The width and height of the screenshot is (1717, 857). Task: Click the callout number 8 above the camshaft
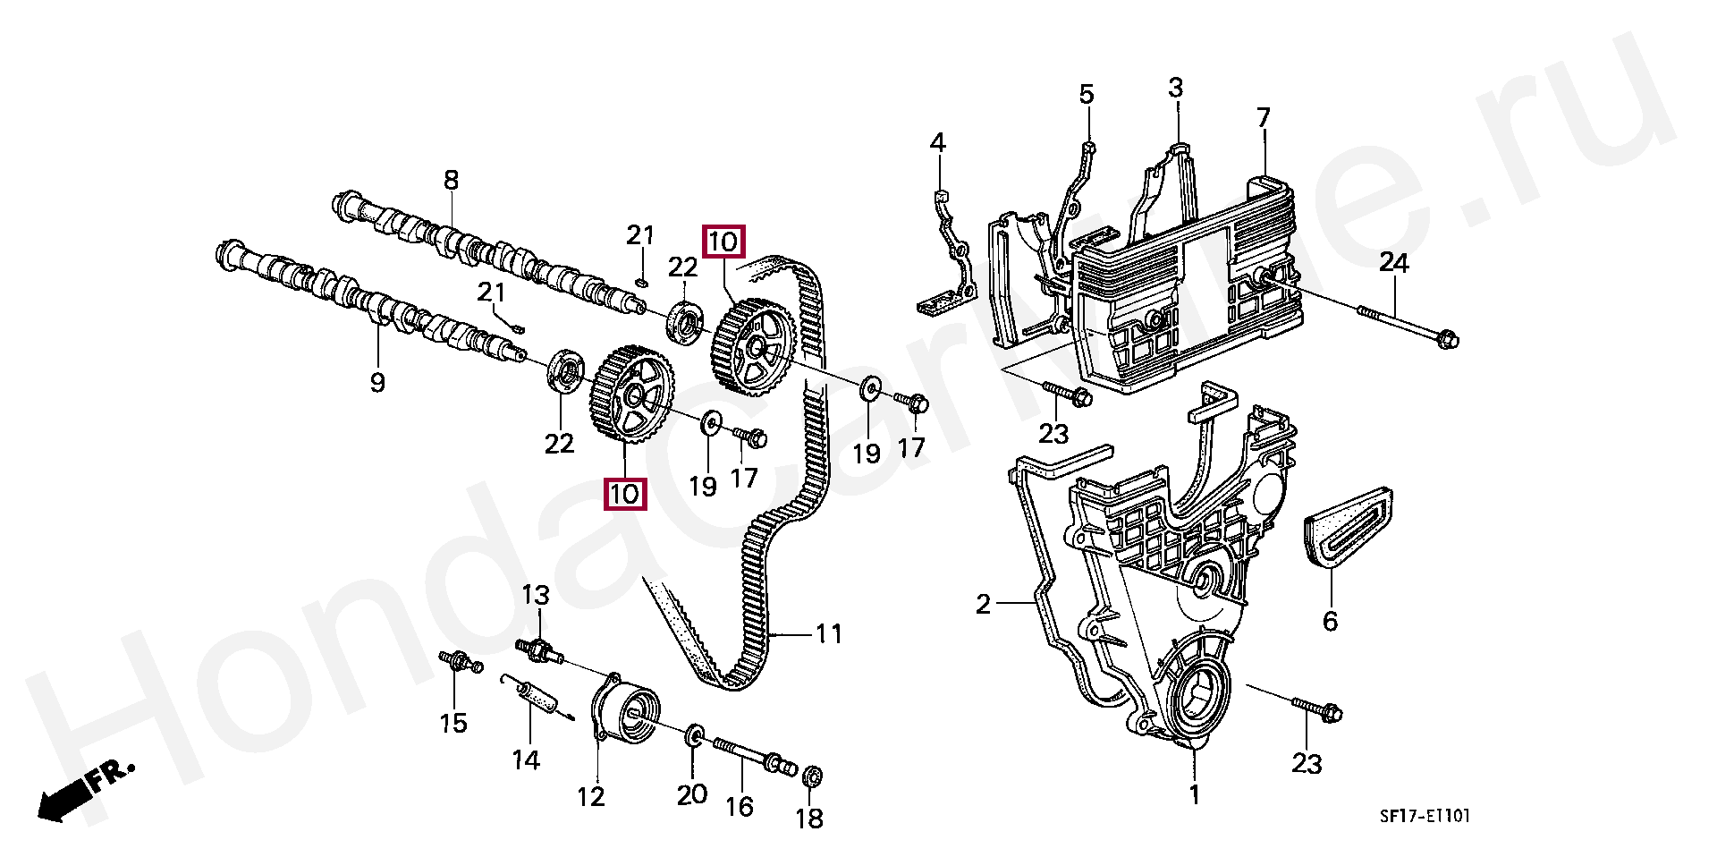[x=451, y=180]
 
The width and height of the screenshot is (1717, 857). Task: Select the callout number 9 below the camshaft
[x=377, y=383]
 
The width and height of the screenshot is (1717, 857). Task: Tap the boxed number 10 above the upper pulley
[x=723, y=242]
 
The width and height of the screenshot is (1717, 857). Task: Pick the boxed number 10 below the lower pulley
[x=624, y=494]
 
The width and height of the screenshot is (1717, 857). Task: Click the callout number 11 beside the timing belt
[x=829, y=634]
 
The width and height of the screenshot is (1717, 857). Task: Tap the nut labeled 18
[x=812, y=777]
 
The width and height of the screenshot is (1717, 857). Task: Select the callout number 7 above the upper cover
[x=1263, y=118]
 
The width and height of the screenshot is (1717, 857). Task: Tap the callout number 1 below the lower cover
[x=1194, y=794]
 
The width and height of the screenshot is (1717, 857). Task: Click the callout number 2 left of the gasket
[x=984, y=605]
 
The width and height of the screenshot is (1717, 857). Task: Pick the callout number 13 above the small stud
[x=536, y=595]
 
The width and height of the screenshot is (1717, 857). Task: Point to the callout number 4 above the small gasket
[x=937, y=143]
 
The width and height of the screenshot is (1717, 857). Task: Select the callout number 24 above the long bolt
[x=1393, y=263]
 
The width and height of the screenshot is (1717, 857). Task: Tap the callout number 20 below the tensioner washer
[x=692, y=794]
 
